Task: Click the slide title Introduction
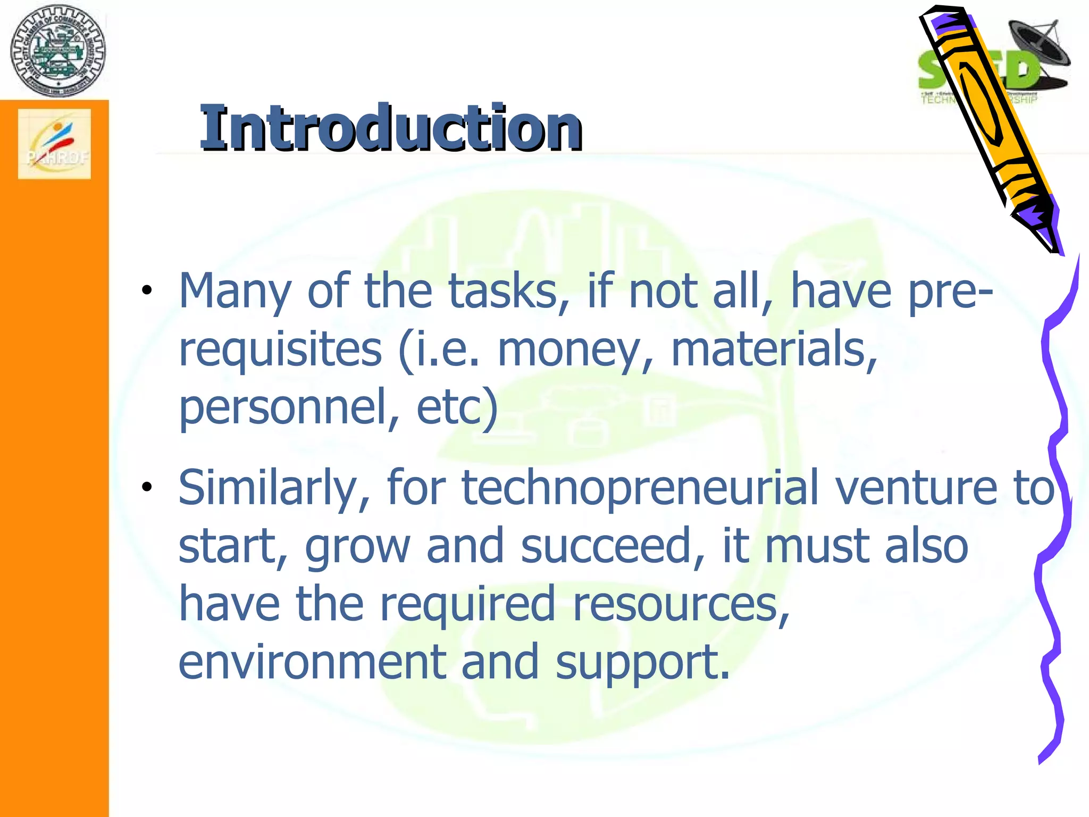391,128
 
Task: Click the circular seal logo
58,51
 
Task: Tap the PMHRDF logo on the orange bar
54,144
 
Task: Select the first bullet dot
147,290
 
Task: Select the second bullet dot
147,487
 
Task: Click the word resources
681,604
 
